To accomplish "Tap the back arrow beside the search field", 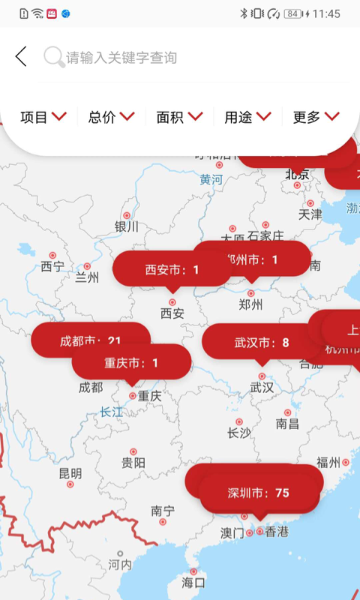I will click(x=21, y=56).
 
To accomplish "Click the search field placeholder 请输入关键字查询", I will click(x=121, y=57).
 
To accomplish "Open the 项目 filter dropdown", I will click(x=43, y=116).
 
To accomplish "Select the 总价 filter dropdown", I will click(x=112, y=116).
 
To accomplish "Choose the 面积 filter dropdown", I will click(x=180, y=116).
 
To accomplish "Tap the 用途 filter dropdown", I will click(x=247, y=116).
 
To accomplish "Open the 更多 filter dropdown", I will click(x=316, y=116).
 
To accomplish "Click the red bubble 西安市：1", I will click(x=172, y=269).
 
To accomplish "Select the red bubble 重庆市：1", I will click(x=131, y=363).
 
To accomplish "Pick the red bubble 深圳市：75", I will click(x=258, y=493).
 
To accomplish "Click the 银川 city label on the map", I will click(x=127, y=226).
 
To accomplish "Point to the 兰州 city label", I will click(x=87, y=277).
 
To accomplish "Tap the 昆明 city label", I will click(x=70, y=473).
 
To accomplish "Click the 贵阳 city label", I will click(x=133, y=462).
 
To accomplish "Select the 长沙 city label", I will click(x=239, y=433).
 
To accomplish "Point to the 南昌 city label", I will click(x=287, y=424).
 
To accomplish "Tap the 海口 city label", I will click(x=193, y=582).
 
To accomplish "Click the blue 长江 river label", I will click(x=111, y=411).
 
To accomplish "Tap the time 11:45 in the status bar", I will click(x=326, y=13).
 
